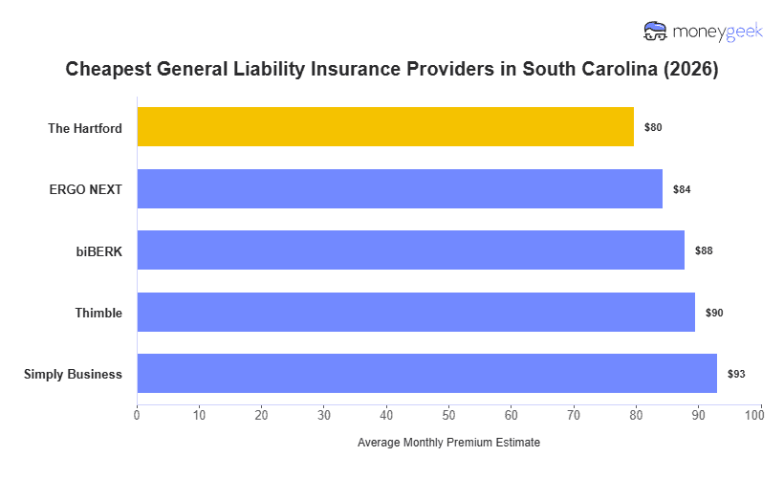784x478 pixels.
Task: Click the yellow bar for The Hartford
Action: tap(385, 127)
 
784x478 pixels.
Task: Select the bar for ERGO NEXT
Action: tap(400, 189)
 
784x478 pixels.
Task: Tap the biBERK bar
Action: tap(410, 250)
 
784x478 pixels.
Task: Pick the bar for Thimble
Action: tap(416, 313)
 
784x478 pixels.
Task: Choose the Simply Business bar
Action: tap(426, 374)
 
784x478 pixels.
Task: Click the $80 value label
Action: tap(653, 127)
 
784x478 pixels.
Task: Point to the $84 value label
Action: tap(682, 189)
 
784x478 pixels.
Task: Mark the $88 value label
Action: tap(704, 250)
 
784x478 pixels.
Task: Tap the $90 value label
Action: tap(714, 313)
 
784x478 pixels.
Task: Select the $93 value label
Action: tap(735, 374)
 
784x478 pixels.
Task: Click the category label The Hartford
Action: tap(85, 128)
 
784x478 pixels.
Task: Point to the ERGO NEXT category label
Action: tap(85, 189)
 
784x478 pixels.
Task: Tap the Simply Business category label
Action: tap(73, 374)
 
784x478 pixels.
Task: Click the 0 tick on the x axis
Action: tap(137, 414)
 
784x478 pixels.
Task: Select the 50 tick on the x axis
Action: tap(448, 414)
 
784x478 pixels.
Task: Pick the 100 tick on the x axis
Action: tap(760, 414)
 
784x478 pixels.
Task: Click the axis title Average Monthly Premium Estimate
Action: tap(448, 443)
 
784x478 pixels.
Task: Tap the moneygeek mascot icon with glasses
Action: tap(656, 32)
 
